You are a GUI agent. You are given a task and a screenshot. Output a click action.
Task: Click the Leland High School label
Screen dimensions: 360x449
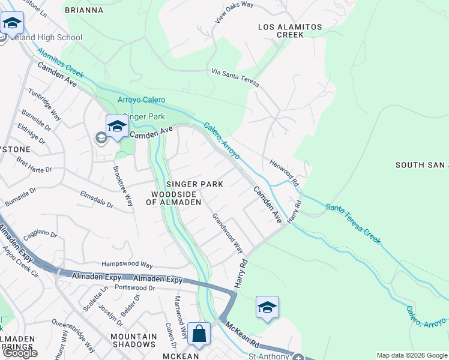tap(46, 38)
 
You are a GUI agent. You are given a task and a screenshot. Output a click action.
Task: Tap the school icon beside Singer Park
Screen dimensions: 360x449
tap(117, 126)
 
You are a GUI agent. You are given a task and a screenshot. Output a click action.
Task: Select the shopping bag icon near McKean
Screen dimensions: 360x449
tap(199, 334)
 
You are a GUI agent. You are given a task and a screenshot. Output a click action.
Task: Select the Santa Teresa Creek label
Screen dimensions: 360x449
tap(353, 223)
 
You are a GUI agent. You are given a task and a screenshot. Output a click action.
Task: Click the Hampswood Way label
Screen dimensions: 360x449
tap(127, 263)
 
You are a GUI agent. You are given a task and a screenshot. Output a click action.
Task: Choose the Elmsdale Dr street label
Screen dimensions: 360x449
tap(97, 199)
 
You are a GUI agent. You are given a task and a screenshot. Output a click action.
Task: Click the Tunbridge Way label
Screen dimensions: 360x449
tap(46, 106)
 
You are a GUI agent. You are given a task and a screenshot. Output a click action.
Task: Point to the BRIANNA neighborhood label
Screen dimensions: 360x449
tap(83, 10)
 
